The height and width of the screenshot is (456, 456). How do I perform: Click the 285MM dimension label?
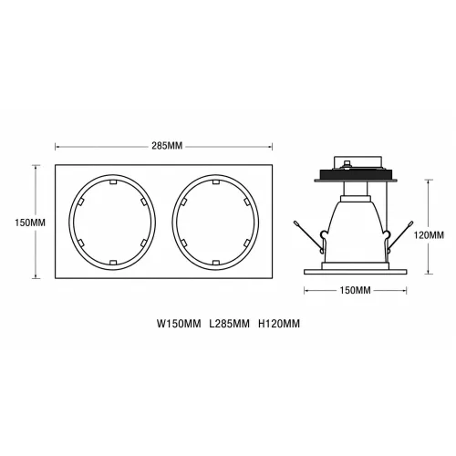[x=167, y=146]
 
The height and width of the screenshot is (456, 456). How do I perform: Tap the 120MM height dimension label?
[x=429, y=235]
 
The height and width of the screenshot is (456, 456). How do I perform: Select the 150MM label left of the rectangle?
[x=30, y=223]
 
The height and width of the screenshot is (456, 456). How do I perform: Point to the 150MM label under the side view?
[x=355, y=291]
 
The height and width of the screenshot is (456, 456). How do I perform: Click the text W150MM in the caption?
[x=179, y=324]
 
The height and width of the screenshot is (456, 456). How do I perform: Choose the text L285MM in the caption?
[x=229, y=324]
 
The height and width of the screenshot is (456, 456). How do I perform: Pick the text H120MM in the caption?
[x=279, y=324]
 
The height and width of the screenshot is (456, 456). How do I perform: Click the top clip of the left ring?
[x=113, y=182]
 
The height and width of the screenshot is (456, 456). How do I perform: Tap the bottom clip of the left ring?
[x=113, y=262]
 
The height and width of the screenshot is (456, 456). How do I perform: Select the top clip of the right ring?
[x=216, y=182]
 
